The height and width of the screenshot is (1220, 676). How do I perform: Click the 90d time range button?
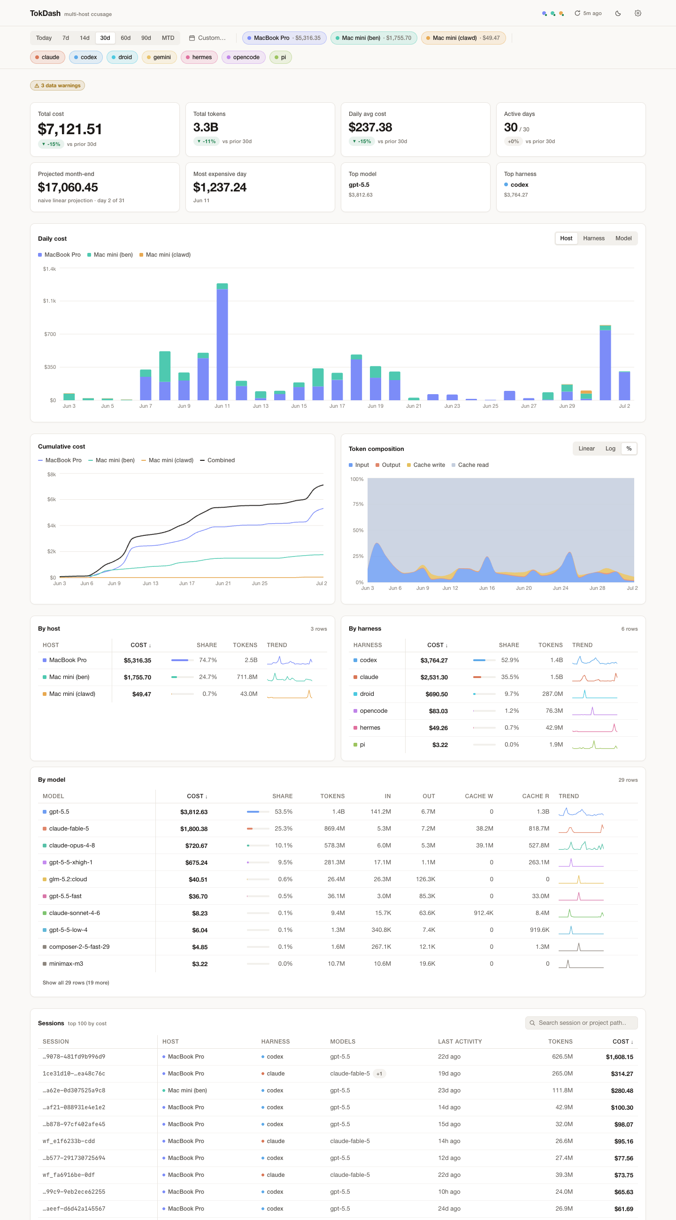click(x=146, y=38)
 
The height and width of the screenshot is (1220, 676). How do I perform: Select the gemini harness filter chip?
click(x=159, y=57)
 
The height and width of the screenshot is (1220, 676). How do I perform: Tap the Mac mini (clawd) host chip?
click(x=463, y=38)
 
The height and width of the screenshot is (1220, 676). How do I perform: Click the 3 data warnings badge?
click(x=57, y=86)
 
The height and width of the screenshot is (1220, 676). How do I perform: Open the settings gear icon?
click(x=638, y=13)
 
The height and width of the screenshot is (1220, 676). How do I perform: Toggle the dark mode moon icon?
click(x=618, y=13)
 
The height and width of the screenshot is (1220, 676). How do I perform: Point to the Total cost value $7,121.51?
click(x=69, y=129)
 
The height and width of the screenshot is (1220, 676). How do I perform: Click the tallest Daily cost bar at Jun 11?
click(x=222, y=342)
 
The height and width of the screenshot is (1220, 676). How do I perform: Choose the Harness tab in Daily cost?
click(x=593, y=238)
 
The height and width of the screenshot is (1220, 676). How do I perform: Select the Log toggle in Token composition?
click(x=610, y=449)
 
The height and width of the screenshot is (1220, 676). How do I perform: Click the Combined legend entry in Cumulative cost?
click(x=217, y=460)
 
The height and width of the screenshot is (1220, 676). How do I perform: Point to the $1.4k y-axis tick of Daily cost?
click(x=49, y=269)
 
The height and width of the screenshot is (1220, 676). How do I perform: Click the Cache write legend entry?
click(x=426, y=465)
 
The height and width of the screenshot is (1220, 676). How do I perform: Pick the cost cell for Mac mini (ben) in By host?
click(x=138, y=677)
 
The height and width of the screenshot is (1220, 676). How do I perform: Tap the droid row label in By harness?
click(x=367, y=694)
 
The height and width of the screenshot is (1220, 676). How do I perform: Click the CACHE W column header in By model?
click(x=479, y=796)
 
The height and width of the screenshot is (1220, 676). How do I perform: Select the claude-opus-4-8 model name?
click(x=72, y=846)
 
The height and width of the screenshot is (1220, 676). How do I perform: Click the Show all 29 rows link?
click(x=76, y=983)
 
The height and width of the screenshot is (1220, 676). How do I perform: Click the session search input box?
click(x=581, y=1023)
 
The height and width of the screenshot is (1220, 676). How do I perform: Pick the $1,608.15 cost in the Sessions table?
click(x=619, y=1057)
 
